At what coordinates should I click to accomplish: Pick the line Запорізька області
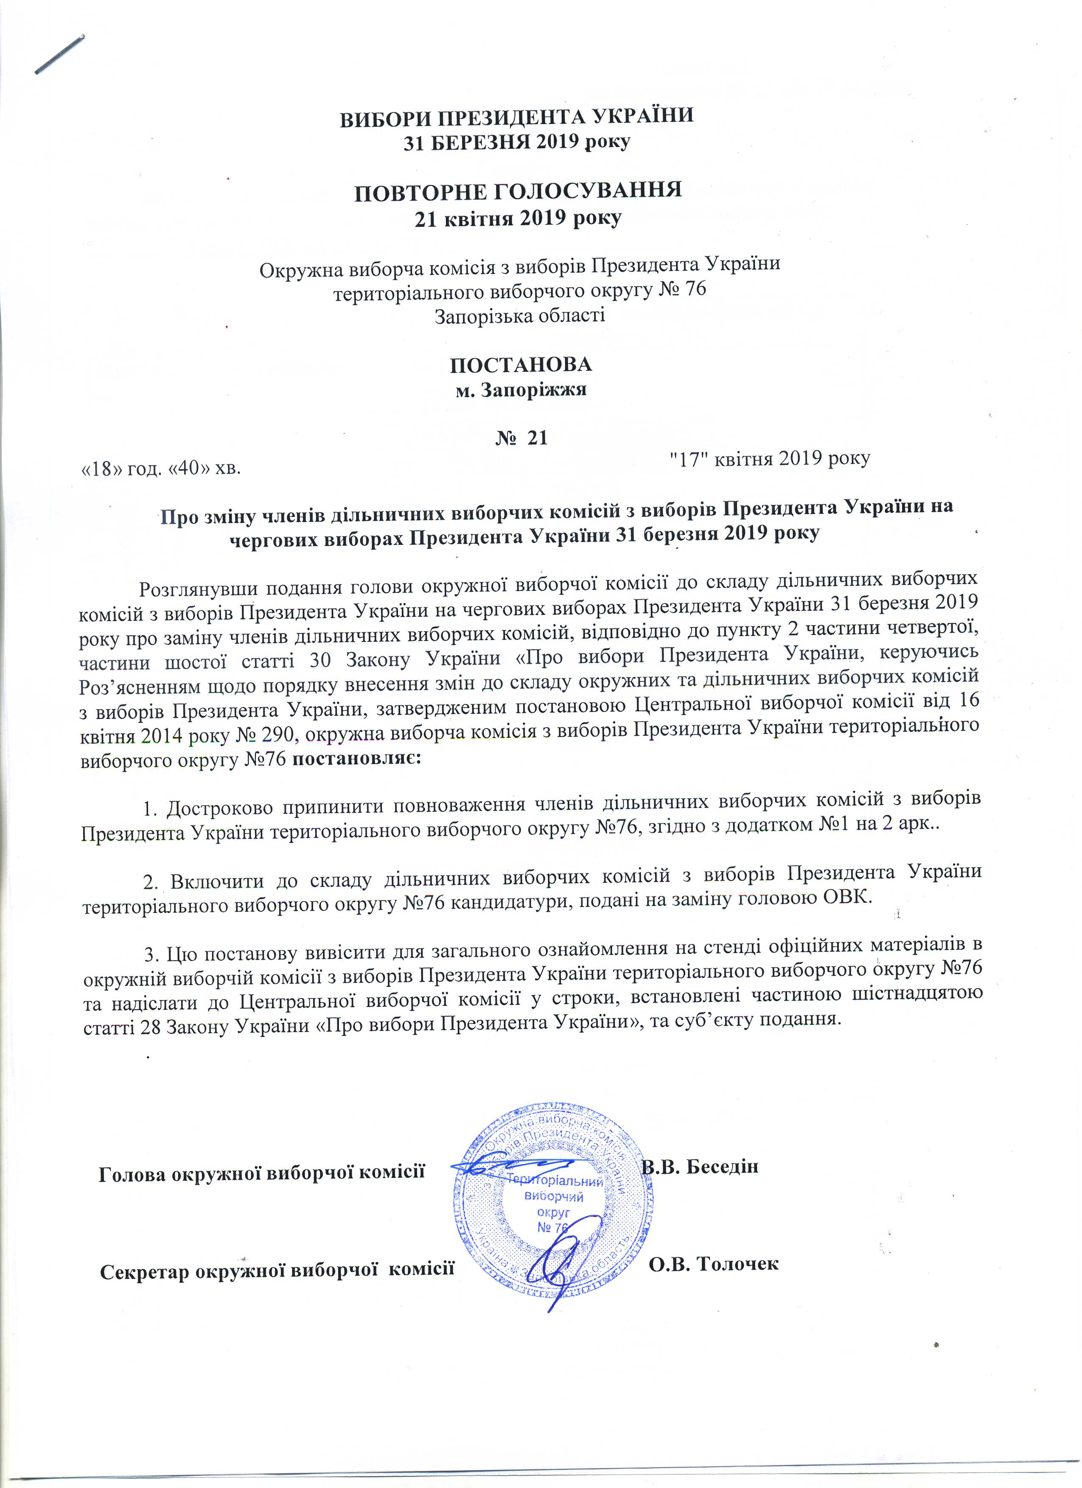[519, 315]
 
